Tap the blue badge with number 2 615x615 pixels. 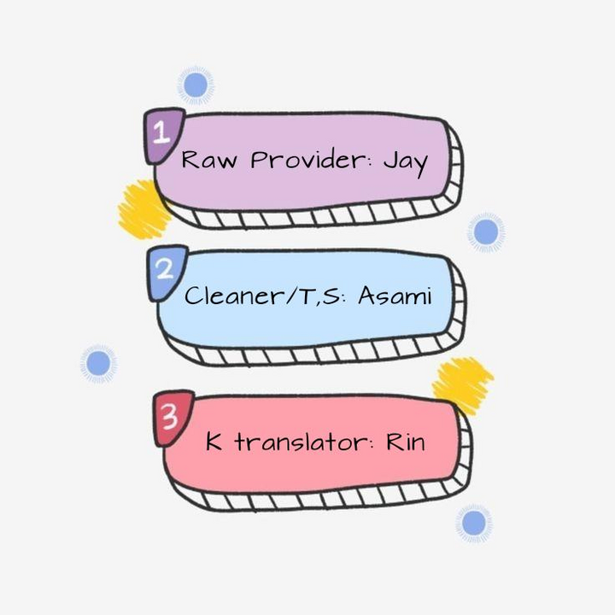pyautogui.click(x=166, y=272)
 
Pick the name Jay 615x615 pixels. pyautogui.click(x=404, y=161)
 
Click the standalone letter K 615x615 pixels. pyautogui.click(x=214, y=442)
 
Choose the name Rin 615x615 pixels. pyautogui.click(x=407, y=442)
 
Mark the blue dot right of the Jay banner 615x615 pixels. pyautogui.click(x=485, y=231)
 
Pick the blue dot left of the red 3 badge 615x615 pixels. pyautogui.click(x=98, y=363)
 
